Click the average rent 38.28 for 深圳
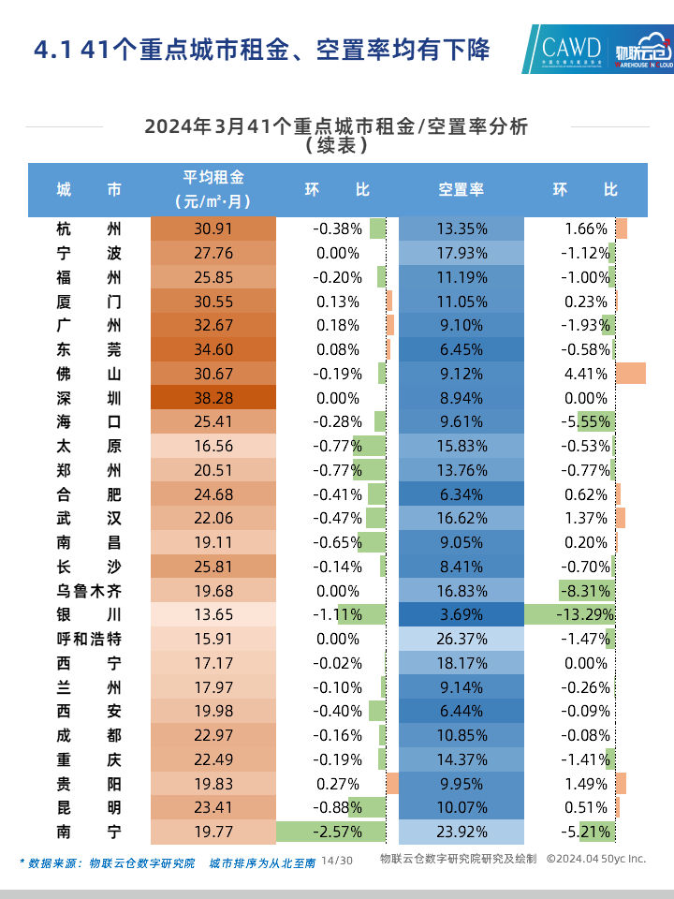click(212, 398)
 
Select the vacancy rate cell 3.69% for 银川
click(461, 615)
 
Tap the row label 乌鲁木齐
click(89, 591)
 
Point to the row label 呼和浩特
click(89, 640)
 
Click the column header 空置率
click(461, 189)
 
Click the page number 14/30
click(337, 860)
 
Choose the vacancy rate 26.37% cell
click(461, 640)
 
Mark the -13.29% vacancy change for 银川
click(582, 615)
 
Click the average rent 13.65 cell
click(212, 615)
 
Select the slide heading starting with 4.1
click(261, 50)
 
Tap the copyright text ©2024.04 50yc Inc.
click(595, 859)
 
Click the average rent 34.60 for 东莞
click(212, 349)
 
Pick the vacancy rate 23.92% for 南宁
click(461, 832)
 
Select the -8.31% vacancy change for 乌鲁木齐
click(585, 591)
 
